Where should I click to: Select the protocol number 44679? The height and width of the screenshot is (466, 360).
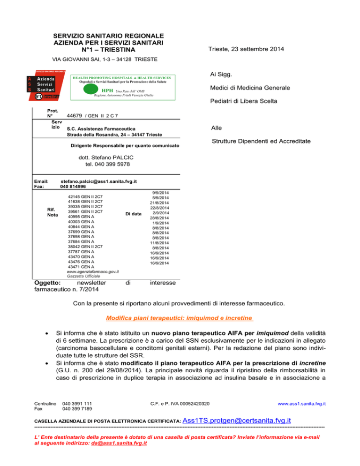75,115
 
